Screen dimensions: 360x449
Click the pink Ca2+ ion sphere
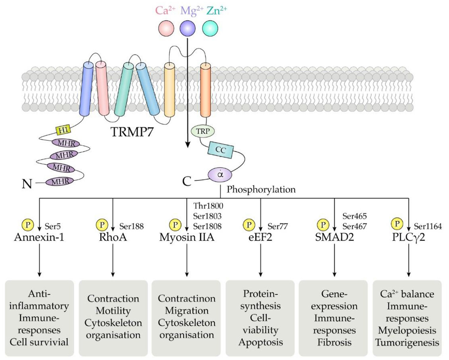166,28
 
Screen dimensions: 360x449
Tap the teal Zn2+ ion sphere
210,28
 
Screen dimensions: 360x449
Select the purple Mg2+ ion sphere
187,28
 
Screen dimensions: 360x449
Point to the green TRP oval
203,131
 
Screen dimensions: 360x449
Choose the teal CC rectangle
220,150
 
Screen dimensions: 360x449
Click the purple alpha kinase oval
220,175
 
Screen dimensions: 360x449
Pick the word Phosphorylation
261,190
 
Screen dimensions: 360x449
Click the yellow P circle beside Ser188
102,225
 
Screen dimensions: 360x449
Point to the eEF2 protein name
260,237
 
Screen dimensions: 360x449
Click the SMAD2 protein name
334,237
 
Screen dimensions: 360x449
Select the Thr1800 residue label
208,206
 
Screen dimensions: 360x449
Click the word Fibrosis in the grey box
334,342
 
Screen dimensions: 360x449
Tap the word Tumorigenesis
407,343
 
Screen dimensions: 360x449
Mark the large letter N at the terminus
27,184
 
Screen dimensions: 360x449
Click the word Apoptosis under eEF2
260,342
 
